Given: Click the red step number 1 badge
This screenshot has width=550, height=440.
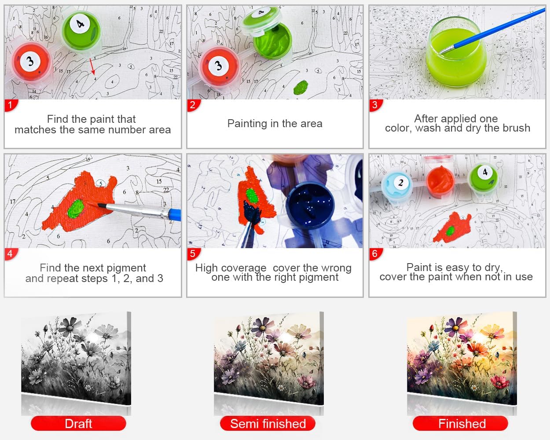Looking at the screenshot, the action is click(11, 105).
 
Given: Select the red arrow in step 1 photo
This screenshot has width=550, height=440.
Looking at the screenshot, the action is click(92, 66).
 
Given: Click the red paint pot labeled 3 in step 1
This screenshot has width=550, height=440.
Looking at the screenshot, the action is click(31, 62).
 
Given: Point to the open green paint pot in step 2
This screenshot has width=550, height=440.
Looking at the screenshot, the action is click(272, 41).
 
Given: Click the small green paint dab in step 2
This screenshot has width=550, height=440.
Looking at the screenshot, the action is click(301, 87).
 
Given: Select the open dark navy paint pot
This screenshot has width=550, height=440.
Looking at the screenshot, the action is click(310, 205).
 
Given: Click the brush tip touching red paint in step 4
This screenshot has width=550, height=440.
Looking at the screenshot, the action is click(101, 205).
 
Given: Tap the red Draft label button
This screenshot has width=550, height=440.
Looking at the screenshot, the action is click(78, 424).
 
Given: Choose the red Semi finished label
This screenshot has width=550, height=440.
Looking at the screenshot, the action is click(268, 424).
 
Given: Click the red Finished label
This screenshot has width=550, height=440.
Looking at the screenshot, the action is click(461, 424).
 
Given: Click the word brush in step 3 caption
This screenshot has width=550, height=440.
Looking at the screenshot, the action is click(516, 128).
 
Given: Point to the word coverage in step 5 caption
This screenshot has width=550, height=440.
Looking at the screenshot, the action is click(244, 268).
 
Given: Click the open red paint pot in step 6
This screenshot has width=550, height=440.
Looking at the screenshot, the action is click(440, 180).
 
